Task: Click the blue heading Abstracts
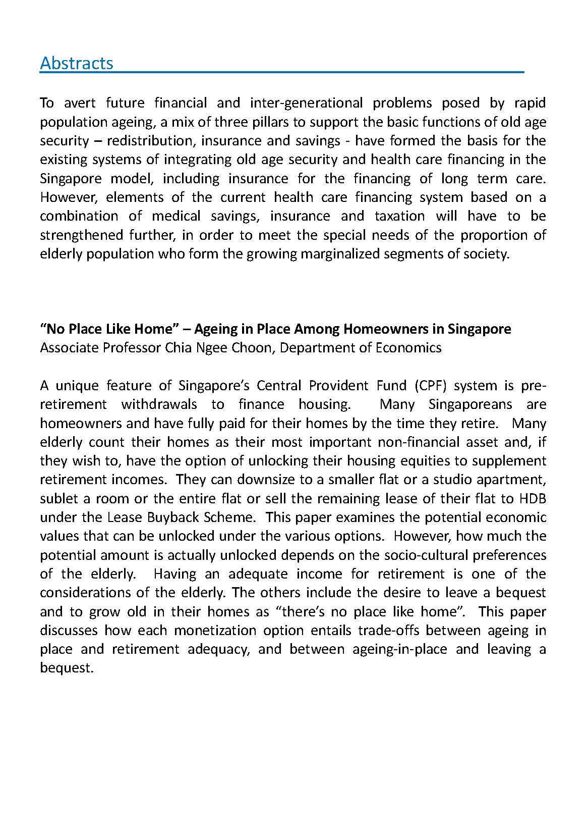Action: coord(77,63)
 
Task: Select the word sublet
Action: coord(59,498)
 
